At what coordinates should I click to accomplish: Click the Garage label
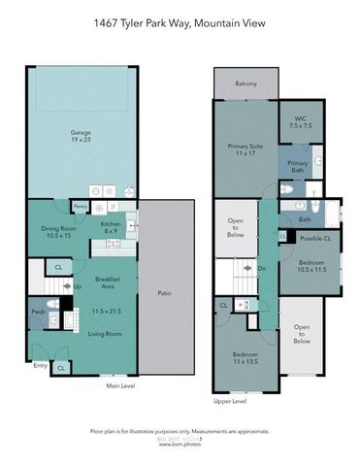pyautogui.click(x=81, y=135)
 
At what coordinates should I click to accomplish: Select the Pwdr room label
pyautogui.click(x=38, y=313)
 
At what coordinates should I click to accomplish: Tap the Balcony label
pyautogui.click(x=246, y=84)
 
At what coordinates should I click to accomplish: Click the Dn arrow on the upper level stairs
pyautogui.click(x=261, y=269)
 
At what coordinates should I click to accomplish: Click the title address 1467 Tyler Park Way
pyautogui.click(x=180, y=22)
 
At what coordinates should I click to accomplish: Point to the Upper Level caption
pyautogui.click(x=229, y=400)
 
